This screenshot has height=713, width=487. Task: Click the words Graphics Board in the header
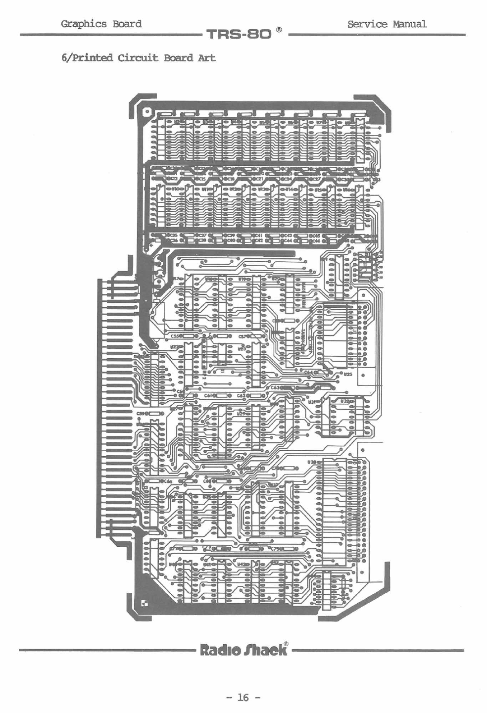pos(101,24)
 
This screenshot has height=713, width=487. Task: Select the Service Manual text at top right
pos(387,24)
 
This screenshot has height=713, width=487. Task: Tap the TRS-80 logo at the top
pos(240,34)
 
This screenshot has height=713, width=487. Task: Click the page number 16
pos(243,698)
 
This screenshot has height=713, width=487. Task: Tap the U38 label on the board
pos(313,462)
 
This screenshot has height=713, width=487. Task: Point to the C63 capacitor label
pos(275,387)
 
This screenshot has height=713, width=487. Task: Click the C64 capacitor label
pos(308,372)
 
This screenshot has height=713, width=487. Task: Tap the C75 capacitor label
pos(275,549)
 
